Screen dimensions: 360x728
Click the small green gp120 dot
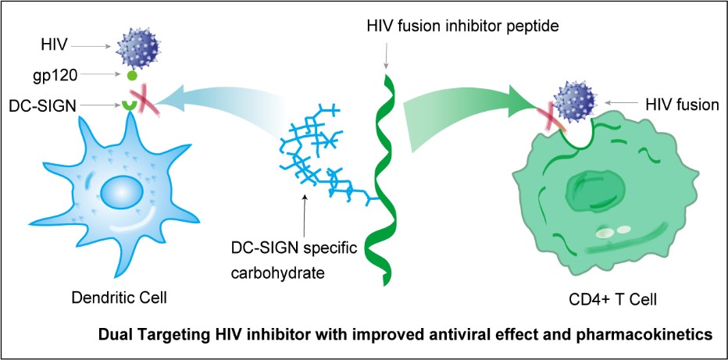pyautogui.click(x=132, y=77)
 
